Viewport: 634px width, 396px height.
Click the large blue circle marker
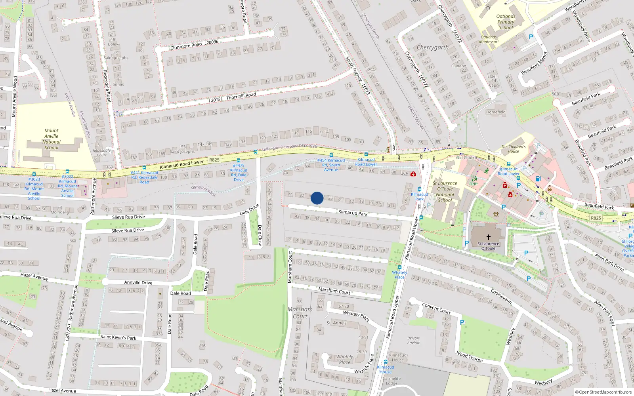coord(317,198)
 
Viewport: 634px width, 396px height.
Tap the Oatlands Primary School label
coord(506,22)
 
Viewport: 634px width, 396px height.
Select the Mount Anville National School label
coord(51,139)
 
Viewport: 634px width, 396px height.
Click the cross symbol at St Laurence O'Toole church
coord(489,237)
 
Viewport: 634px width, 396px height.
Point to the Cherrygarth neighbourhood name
coord(433,47)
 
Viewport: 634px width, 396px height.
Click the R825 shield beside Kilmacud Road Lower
coord(214,160)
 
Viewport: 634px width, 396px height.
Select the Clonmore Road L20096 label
coord(194,44)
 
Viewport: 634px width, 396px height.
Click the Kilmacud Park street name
coord(353,213)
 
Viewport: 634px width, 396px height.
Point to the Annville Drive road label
coord(138,283)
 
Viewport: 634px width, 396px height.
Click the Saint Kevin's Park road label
coord(118,337)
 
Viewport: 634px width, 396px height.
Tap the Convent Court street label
coord(436,308)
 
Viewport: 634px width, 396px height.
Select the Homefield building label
coord(496,112)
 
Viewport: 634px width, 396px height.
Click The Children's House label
coord(513,149)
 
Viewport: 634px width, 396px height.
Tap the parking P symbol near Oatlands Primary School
coord(531,37)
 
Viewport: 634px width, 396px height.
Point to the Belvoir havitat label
coord(413,341)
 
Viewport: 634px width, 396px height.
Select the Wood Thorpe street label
coord(469,356)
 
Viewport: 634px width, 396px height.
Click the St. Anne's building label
coord(336,323)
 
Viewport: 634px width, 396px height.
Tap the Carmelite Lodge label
coord(391,381)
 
